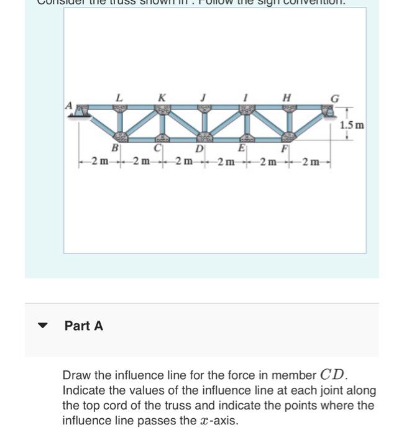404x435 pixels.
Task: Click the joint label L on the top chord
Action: tap(119, 98)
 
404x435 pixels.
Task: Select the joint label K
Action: tap(162, 98)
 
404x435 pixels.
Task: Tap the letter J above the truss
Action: tap(203, 98)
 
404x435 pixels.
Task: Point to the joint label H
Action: tap(287, 98)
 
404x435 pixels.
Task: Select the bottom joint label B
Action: tap(114, 148)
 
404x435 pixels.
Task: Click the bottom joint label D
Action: tap(199, 149)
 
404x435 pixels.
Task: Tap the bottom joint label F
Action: tap(284, 149)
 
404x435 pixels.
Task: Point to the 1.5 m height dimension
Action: tap(352, 125)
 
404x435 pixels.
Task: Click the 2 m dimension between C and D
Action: tap(183, 162)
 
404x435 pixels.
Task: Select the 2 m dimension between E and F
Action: tap(267, 162)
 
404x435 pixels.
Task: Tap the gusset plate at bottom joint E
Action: tap(247, 137)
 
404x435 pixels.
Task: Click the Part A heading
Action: tap(84, 326)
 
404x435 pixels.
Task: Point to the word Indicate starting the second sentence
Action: tap(86, 391)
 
